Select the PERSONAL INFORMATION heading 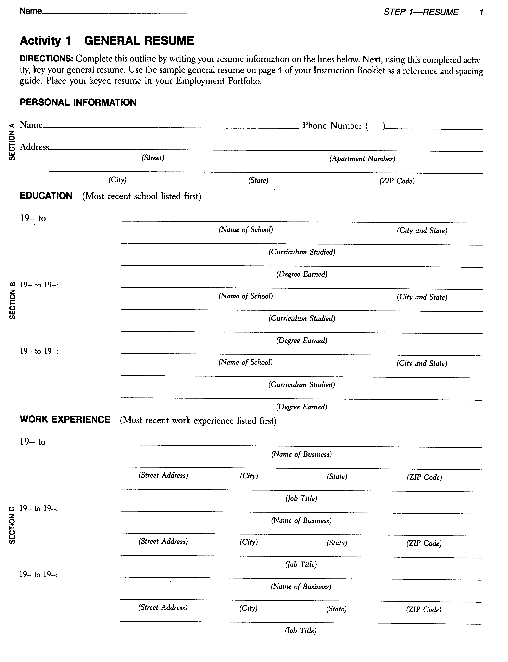click(78, 102)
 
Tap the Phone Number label click(332, 125)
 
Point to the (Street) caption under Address click(153, 158)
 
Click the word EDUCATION click(46, 196)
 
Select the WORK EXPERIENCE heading click(65, 420)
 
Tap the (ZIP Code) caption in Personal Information click(397, 181)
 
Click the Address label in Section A click(34, 147)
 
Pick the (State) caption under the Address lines click(258, 180)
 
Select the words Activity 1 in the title click(45, 41)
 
